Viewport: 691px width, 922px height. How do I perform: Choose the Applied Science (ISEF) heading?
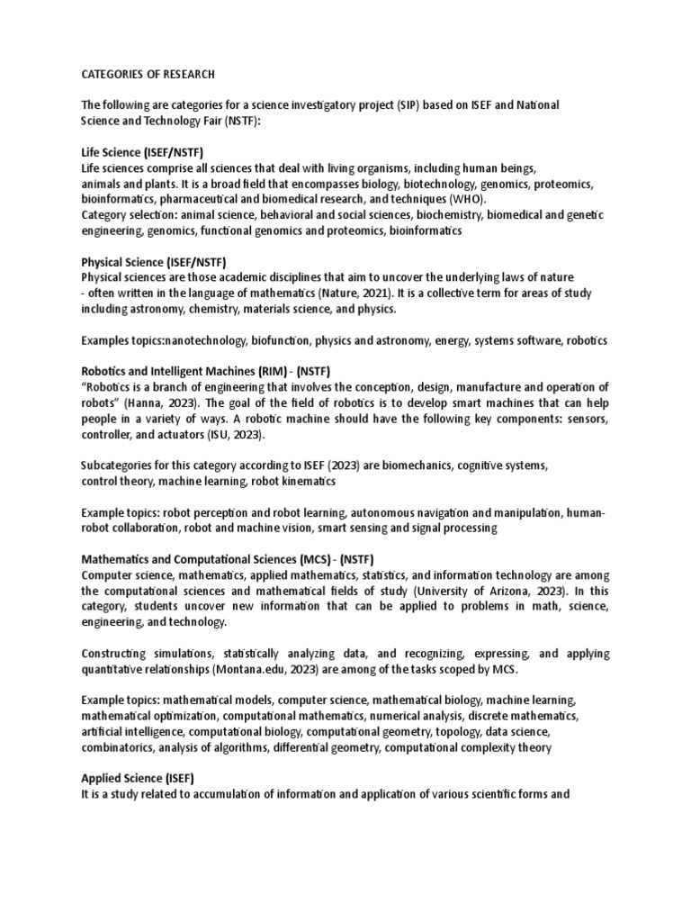[x=138, y=777]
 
